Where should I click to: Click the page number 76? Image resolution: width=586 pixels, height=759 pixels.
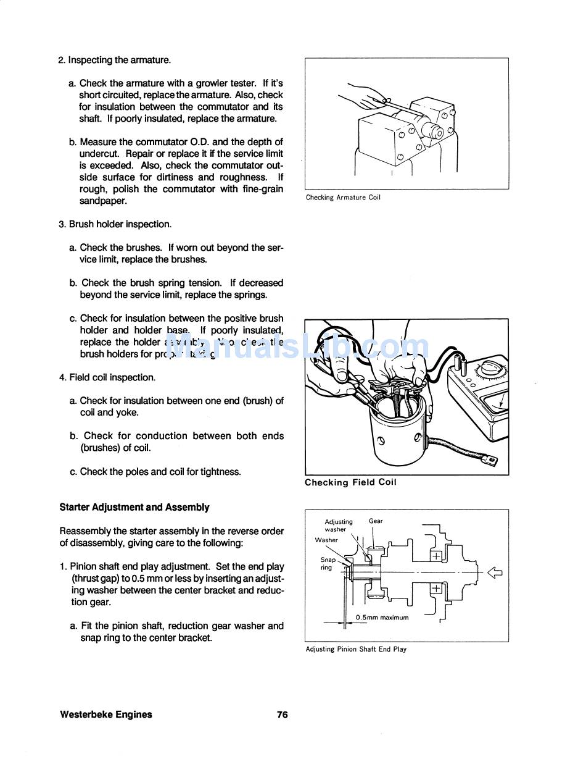coord(282,715)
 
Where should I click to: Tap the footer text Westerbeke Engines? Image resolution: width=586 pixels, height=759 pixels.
coord(106,715)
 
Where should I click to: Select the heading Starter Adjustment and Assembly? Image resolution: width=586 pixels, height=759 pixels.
coord(134,507)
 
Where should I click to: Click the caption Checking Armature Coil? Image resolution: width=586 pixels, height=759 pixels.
coord(343,198)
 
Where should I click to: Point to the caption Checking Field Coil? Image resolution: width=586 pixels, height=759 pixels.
coord(350,482)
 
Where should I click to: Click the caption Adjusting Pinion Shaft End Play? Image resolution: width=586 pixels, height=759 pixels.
coord(356,649)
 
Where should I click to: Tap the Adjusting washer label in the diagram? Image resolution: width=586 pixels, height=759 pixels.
coord(339,526)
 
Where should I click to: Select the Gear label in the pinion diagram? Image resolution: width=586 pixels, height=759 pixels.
coord(376,521)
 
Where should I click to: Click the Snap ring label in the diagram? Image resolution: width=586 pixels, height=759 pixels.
coord(328,563)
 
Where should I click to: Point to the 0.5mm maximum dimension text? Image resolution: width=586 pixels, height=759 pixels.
coord(382,617)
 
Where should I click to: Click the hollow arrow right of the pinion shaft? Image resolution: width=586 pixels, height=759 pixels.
coord(495,572)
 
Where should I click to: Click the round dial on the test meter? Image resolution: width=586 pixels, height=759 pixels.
coord(491,369)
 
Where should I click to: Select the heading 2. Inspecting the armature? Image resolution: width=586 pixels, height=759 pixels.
coord(114,60)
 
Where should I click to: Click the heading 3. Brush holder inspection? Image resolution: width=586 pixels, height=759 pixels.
coord(115,224)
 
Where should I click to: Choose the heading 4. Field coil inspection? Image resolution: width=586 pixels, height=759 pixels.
coord(107,377)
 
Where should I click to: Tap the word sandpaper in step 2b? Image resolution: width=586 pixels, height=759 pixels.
coord(103,201)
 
